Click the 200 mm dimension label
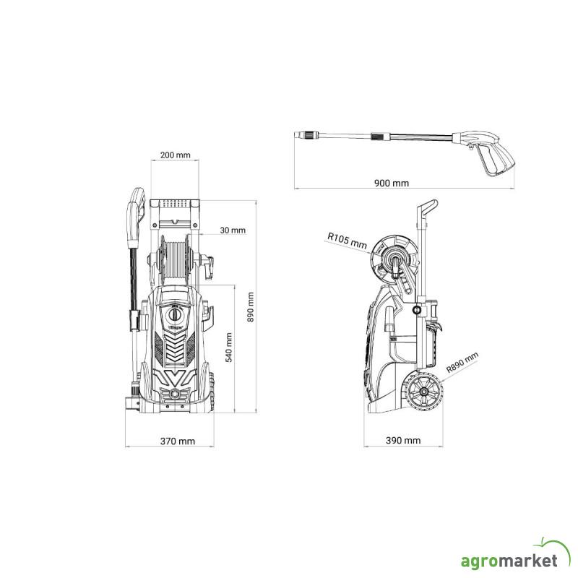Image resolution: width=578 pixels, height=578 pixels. [175, 155]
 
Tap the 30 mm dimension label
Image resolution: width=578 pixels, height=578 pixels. [233, 230]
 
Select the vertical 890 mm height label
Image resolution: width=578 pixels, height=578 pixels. [250, 307]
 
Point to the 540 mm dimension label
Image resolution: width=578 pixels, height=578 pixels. [228, 348]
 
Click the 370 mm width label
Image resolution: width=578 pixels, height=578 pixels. [177, 441]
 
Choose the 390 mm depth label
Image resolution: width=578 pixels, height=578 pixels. [403, 440]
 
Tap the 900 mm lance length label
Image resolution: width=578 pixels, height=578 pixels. [392, 183]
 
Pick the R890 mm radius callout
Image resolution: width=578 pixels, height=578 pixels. [462, 362]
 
